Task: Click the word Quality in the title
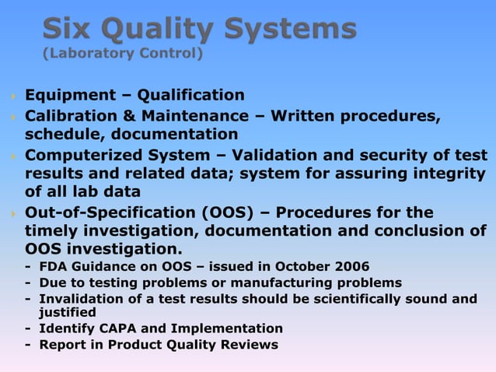pos(158,30)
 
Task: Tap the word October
pos(301,265)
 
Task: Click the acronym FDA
pos(53,265)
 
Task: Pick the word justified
pos(67,312)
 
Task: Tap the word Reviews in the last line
pos(250,344)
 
